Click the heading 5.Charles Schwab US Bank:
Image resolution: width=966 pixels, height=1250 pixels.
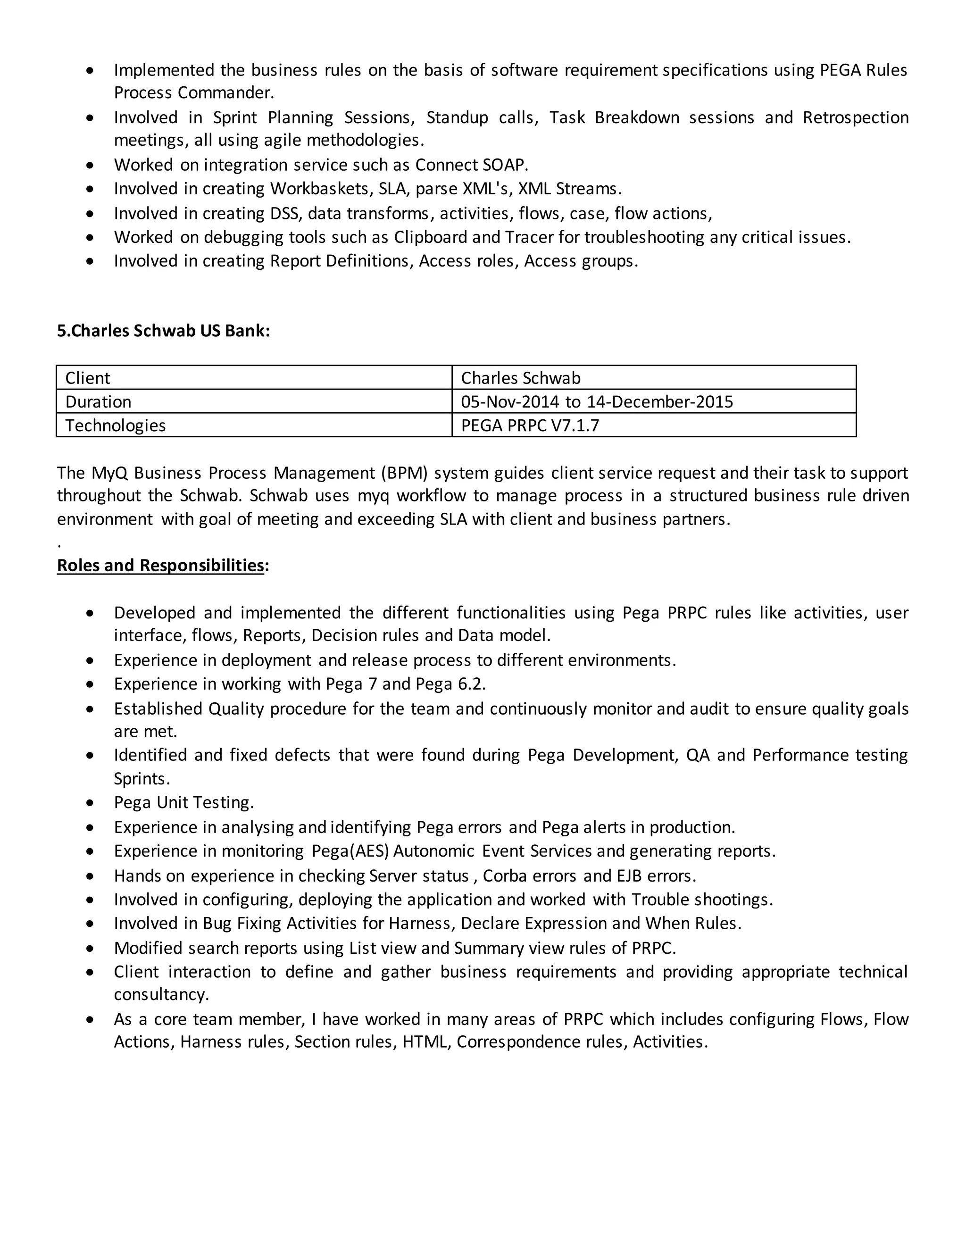tap(163, 331)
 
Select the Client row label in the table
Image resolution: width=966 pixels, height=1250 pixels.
tap(88, 378)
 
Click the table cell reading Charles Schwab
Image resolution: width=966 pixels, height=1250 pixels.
tap(520, 378)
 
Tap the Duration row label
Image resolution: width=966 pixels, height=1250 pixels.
tap(98, 402)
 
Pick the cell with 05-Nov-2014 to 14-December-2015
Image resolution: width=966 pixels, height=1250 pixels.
tap(596, 402)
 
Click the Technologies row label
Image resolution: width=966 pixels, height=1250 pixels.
tap(115, 425)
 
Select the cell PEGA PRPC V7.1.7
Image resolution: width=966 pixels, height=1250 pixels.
tap(529, 425)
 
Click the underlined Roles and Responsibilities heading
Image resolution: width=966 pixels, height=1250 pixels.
tap(160, 565)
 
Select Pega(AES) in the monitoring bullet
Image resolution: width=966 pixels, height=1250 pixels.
tap(350, 851)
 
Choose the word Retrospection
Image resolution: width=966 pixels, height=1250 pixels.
tap(855, 117)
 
